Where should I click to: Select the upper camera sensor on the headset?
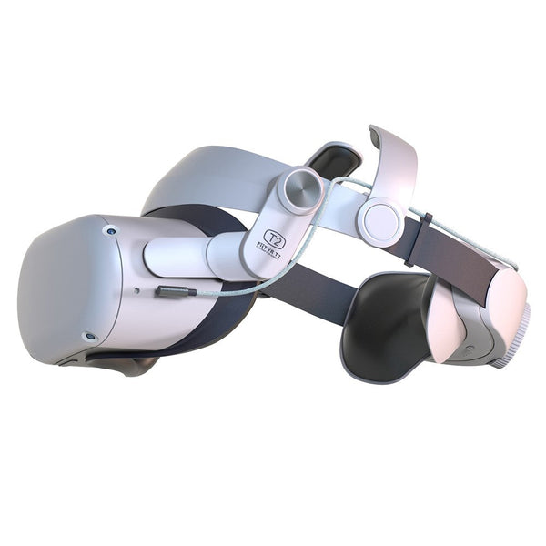coord(110,231)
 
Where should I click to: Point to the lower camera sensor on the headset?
coord(88,338)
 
